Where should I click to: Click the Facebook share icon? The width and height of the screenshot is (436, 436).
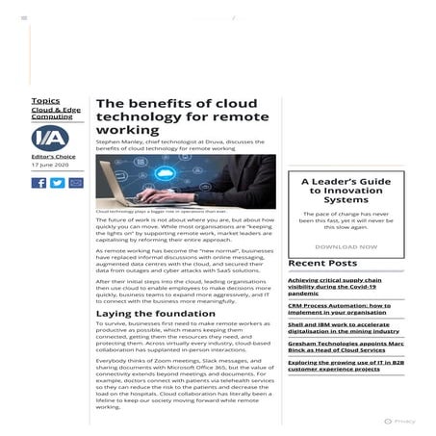pos(38,183)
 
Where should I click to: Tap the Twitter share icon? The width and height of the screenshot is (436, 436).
pos(57,183)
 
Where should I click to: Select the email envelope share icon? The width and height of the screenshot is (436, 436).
pos(76,183)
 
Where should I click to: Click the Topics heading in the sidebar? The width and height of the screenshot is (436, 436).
pos(44,100)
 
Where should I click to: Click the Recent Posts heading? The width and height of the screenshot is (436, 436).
pos(322,263)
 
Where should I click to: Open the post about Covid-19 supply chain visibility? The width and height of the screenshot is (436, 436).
pos(341,286)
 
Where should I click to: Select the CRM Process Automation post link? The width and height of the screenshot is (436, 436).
pos(339,308)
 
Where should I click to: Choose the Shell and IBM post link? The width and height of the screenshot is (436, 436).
pos(341,329)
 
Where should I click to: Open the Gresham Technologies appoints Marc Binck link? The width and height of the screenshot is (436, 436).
pos(341,347)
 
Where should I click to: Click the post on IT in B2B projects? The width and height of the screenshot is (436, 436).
pos(341,366)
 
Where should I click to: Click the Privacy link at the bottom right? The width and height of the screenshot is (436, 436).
pos(404,421)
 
